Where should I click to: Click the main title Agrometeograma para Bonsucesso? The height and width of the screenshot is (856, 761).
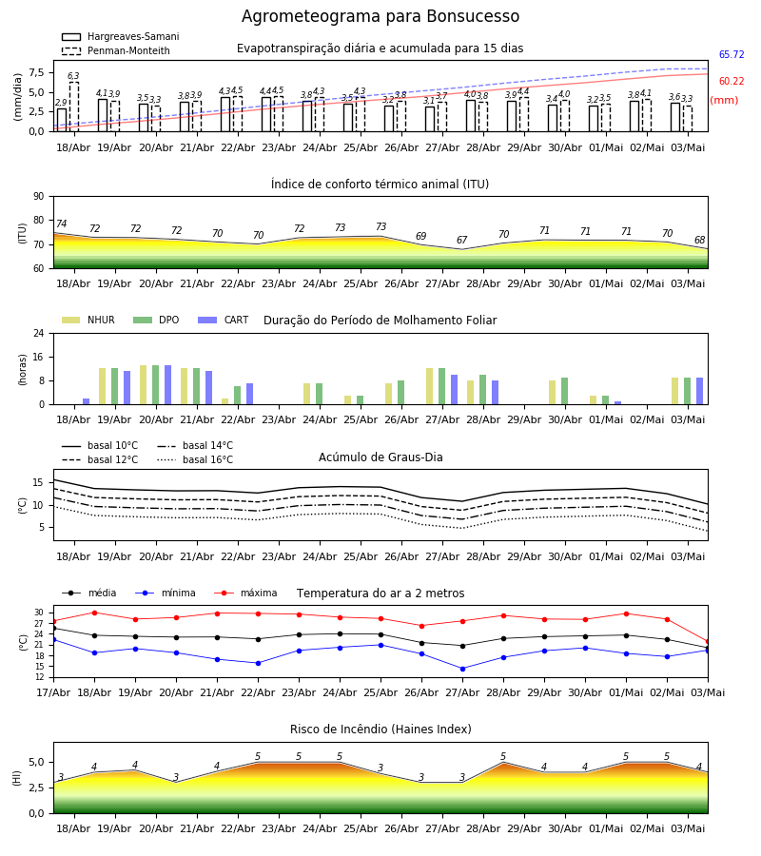(x=380, y=16)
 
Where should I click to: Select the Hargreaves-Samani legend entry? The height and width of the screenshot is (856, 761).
(x=121, y=36)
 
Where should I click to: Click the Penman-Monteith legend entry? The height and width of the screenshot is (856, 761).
(x=116, y=50)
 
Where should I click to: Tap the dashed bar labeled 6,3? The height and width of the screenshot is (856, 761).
(x=73, y=107)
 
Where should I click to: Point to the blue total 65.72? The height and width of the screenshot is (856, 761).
(x=732, y=54)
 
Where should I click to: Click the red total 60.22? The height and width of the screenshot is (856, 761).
(x=732, y=82)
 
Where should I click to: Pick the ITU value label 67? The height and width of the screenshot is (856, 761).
(x=462, y=241)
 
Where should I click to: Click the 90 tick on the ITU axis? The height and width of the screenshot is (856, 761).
(x=39, y=197)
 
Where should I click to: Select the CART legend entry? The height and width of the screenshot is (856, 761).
(x=224, y=320)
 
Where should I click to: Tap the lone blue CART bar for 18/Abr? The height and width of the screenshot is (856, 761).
(x=87, y=401)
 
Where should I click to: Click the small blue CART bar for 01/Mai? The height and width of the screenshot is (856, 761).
(x=618, y=403)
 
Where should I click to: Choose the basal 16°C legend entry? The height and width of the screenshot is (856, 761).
(x=194, y=459)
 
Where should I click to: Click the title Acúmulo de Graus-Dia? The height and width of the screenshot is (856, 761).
(x=380, y=457)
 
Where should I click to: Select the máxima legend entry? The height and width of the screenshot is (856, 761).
(x=246, y=593)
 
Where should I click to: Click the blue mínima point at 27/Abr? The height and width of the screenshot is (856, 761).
(x=463, y=669)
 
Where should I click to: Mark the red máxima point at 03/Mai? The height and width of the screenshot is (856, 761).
(x=708, y=642)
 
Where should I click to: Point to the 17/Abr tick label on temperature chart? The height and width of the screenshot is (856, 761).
(x=53, y=692)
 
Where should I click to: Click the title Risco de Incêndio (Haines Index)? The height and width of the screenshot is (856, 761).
(x=380, y=730)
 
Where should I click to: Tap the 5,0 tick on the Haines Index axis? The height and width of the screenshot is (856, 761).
(x=37, y=763)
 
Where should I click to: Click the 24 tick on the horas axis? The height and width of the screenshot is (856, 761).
(x=39, y=334)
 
